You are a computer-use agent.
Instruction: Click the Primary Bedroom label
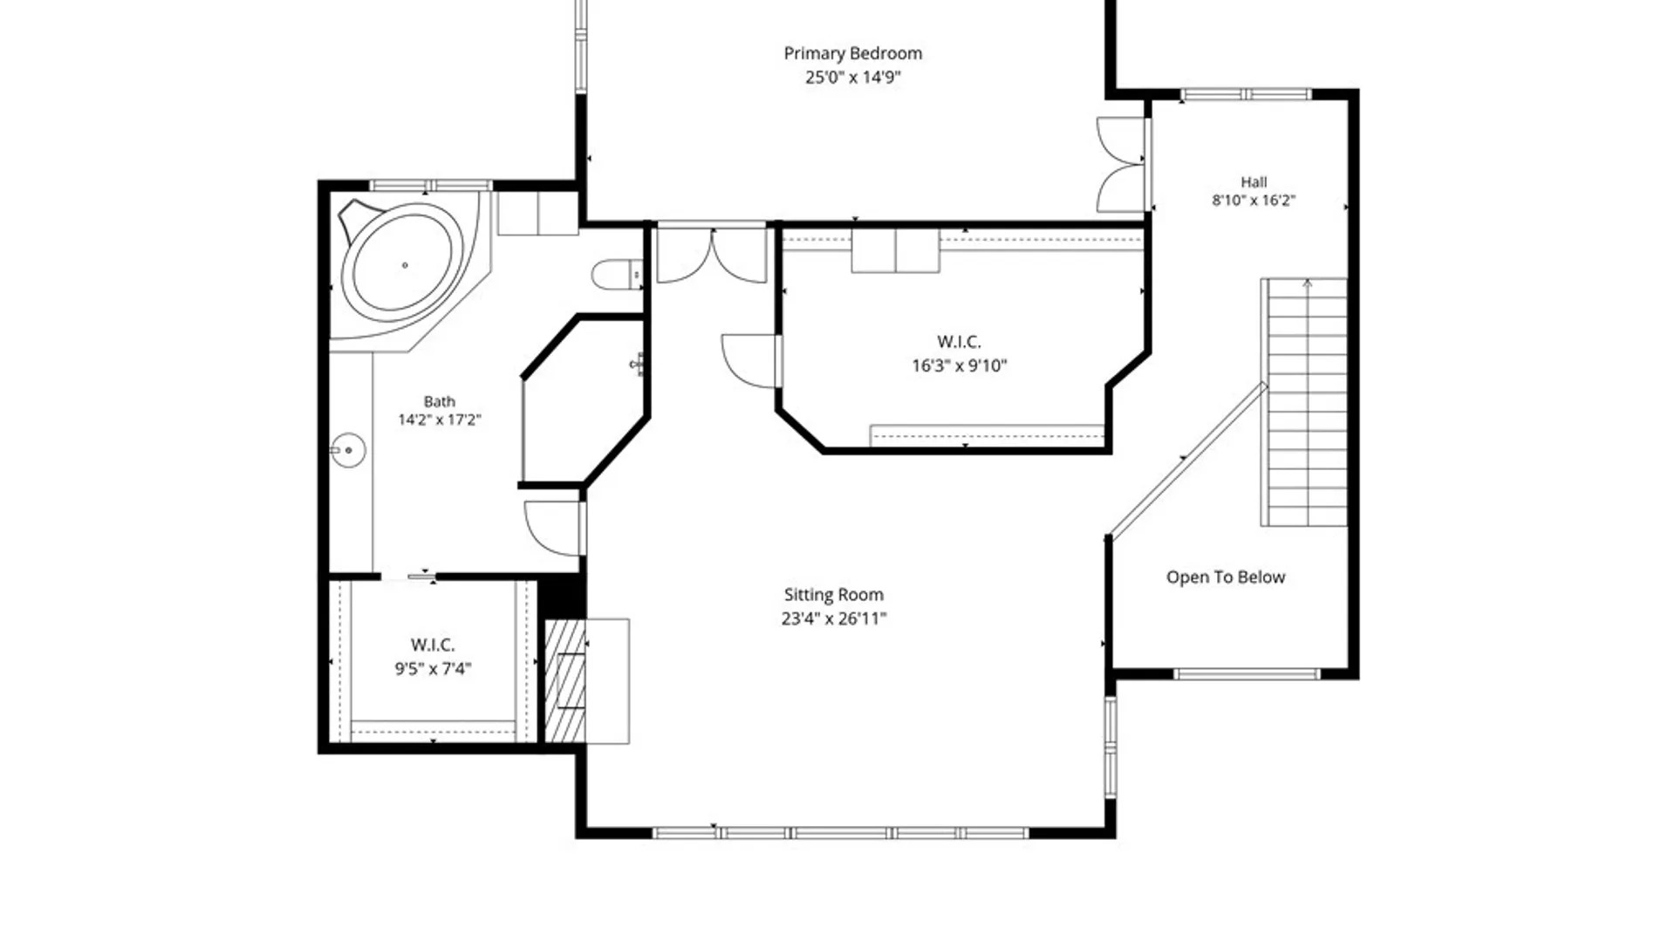click(852, 54)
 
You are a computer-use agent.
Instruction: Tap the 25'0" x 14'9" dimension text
click(852, 78)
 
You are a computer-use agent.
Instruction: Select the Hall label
click(1254, 182)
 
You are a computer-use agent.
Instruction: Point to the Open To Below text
click(1226, 577)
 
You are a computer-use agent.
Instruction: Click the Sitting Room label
click(833, 595)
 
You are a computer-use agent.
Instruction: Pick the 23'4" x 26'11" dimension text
click(833, 619)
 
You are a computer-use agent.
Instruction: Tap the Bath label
click(440, 402)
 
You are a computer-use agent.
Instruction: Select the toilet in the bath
click(618, 275)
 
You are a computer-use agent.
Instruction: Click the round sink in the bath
click(348, 450)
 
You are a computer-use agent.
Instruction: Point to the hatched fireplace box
click(564, 681)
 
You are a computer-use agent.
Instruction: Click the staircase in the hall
click(1303, 402)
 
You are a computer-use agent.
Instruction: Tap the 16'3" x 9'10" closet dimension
click(959, 366)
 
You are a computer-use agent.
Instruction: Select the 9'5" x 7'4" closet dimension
click(433, 669)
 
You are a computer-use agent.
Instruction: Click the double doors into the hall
click(1121, 164)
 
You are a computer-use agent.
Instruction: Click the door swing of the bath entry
click(553, 528)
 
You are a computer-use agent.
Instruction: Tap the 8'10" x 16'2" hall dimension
click(1254, 201)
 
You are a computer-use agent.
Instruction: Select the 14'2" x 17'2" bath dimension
click(440, 420)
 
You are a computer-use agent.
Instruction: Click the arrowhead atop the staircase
click(1307, 283)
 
